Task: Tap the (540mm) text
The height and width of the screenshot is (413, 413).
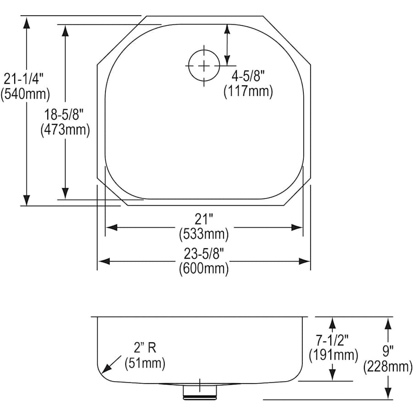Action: coord(25,95)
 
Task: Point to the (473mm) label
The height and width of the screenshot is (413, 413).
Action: coord(65,130)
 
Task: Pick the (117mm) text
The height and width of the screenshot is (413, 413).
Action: coord(248,92)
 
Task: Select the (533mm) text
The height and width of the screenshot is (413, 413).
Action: coord(204,234)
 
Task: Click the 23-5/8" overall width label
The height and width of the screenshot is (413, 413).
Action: coord(204,253)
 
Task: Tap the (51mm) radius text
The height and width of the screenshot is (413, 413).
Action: coord(145,363)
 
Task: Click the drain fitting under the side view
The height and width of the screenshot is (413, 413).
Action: coord(200,390)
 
